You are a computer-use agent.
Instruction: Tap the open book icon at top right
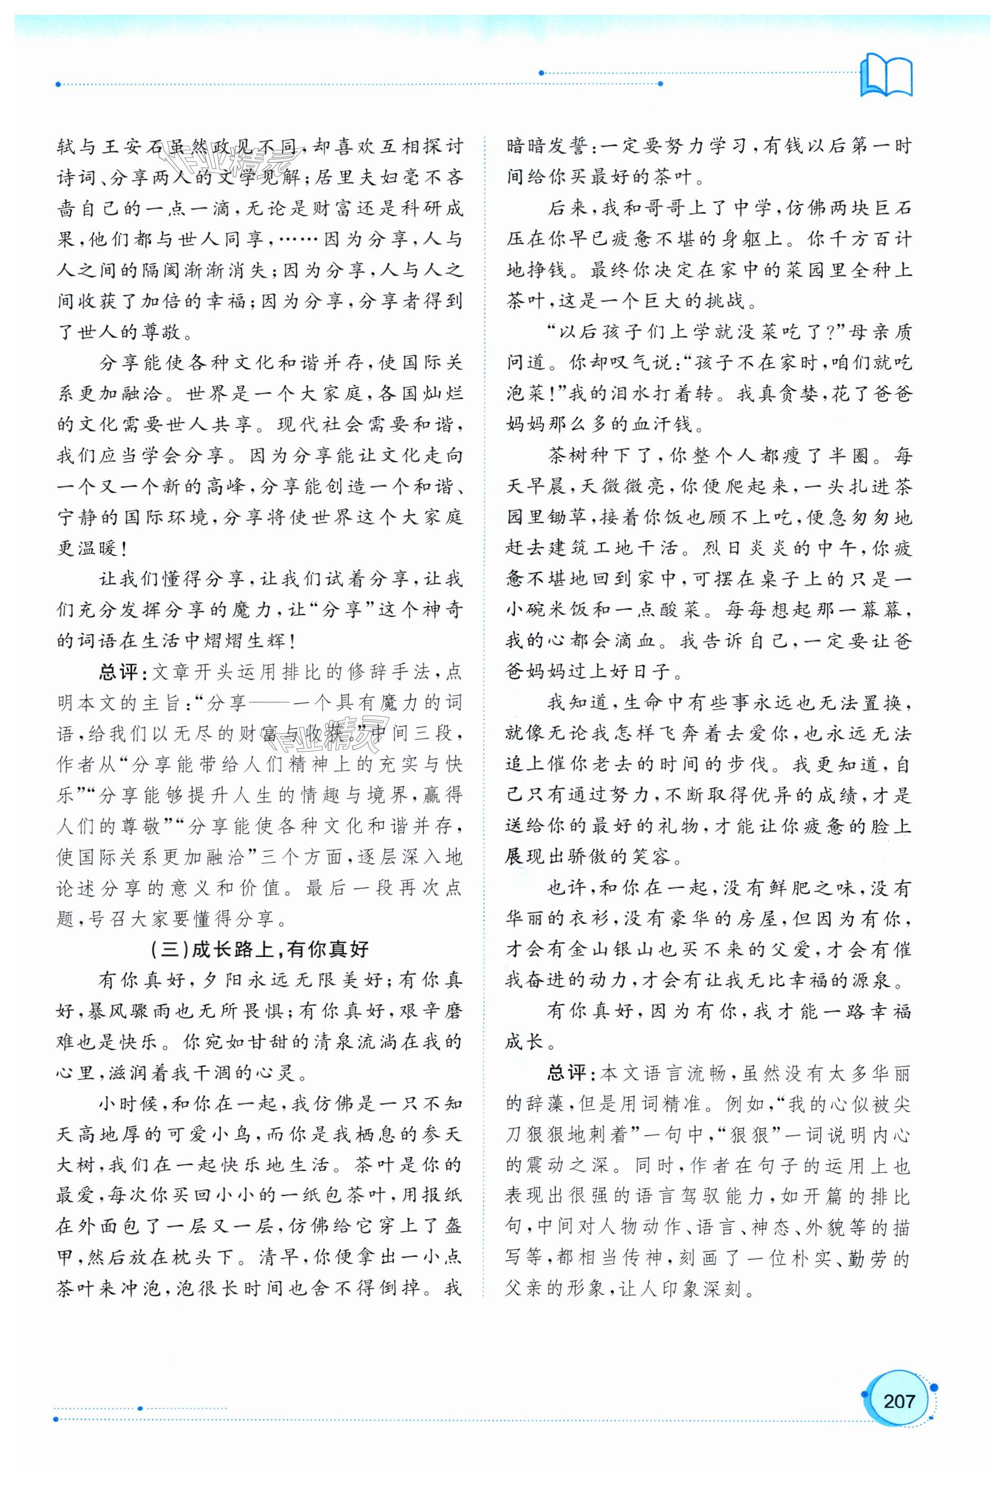[886, 77]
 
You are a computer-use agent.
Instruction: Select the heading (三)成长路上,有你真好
[259, 949]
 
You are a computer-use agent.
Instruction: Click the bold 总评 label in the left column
[119, 672]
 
